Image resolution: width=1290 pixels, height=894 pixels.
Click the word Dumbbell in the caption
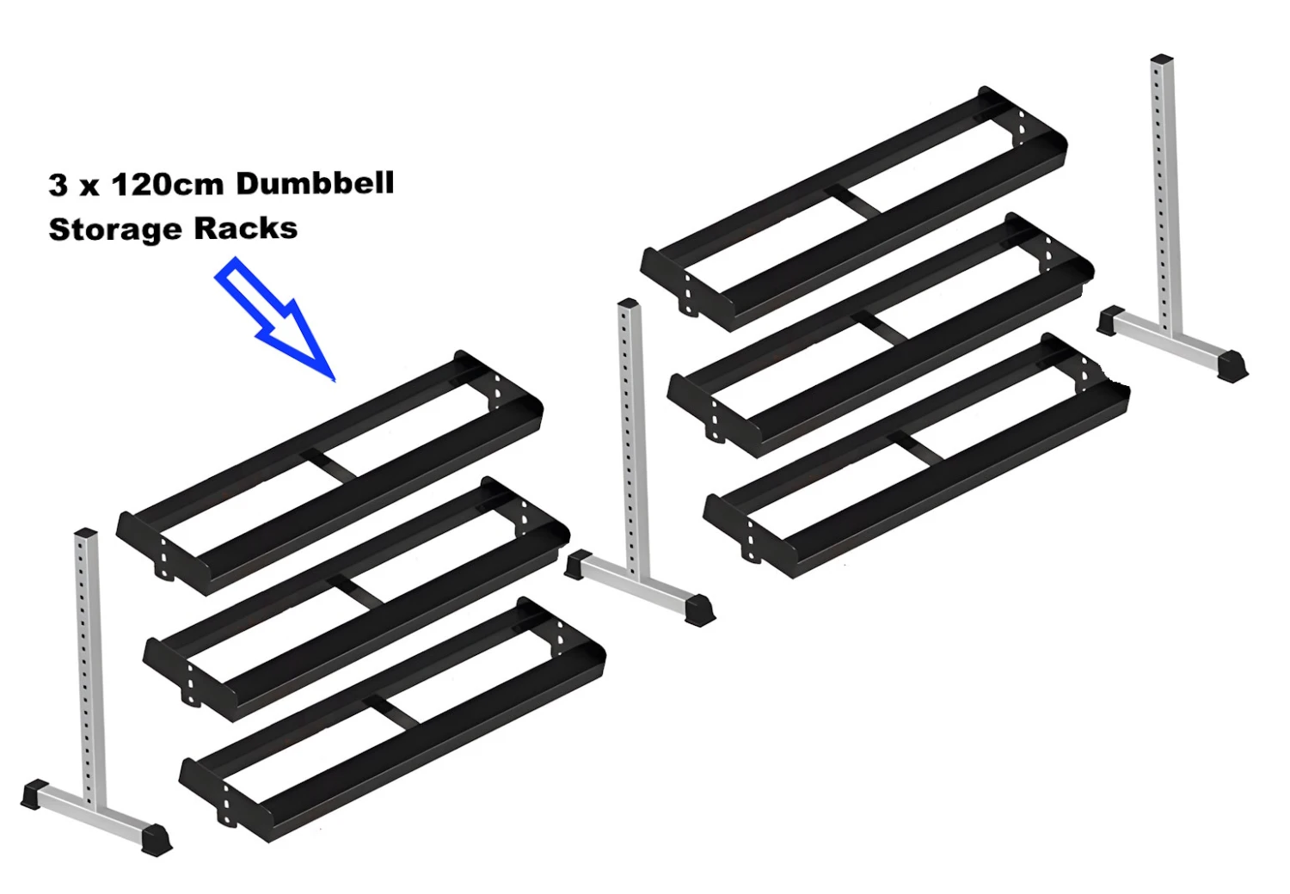(315, 183)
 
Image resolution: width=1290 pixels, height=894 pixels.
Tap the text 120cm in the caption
(168, 184)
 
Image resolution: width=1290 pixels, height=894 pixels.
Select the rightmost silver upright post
(1164, 189)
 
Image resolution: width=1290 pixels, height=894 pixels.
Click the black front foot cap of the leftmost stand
(156, 839)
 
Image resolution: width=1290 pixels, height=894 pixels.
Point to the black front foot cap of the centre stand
(698, 609)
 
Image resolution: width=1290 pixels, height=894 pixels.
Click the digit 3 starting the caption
(58, 185)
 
